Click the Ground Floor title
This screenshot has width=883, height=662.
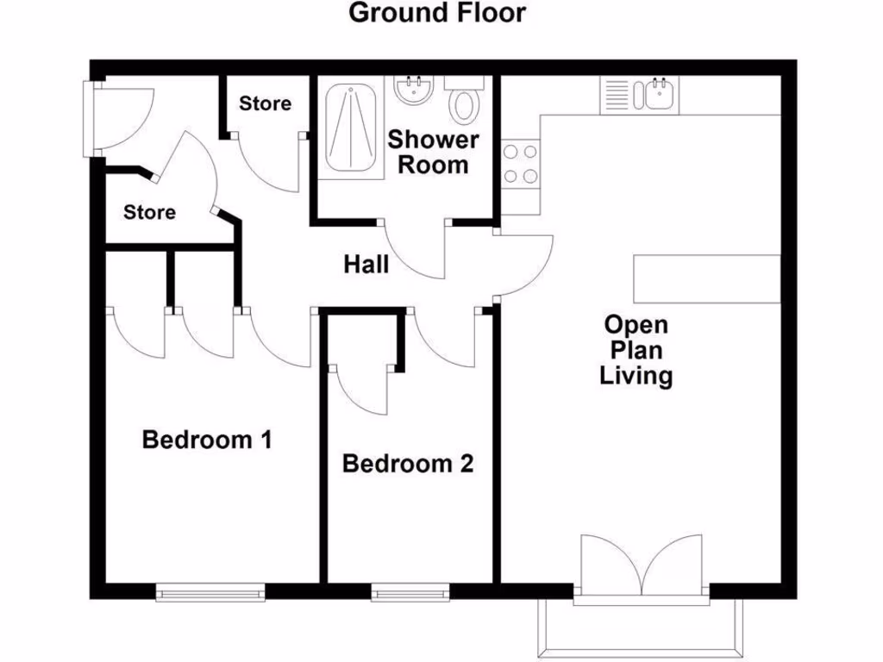coord(437,14)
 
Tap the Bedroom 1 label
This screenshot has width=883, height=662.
coord(207,440)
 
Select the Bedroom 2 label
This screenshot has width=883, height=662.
coord(408,464)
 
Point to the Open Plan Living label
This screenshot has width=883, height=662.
coord(636,350)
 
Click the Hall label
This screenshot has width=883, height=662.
coord(366,265)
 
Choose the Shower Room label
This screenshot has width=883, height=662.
coord(432,152)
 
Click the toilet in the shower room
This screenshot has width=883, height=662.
coord(465,103)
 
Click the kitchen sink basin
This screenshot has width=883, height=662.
coord(659,94)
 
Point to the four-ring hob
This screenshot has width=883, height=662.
coord(521,164)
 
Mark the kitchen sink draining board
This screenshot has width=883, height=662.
coord(617,94)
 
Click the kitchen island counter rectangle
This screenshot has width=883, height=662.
coord(708,278)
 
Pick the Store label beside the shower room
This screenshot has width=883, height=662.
coord(265,104)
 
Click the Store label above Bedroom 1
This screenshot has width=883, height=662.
coord(149,212)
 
